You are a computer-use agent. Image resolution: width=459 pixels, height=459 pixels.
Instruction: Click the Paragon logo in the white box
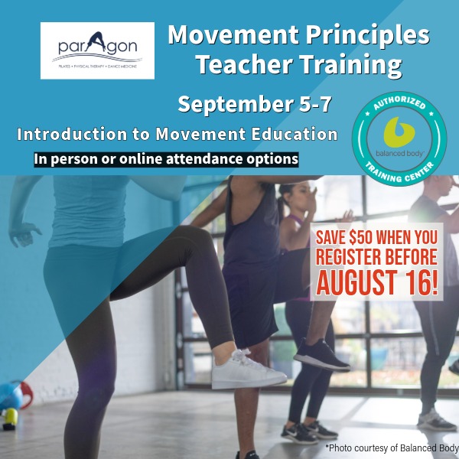[97, 50]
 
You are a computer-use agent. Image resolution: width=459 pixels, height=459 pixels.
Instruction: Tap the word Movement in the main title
[233, 35]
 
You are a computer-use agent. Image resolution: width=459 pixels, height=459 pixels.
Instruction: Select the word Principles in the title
[368, 36]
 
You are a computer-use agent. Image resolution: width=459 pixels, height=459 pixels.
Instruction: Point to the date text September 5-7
[255, 104]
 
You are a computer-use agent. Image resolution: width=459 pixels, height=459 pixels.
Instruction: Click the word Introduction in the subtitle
[72, 135]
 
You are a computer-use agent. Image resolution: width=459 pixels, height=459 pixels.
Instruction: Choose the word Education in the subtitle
[295, 135]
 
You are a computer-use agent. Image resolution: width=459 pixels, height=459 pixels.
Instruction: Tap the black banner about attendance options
[166, 160]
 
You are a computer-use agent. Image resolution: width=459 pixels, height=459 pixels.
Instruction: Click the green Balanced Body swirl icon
[399, 132]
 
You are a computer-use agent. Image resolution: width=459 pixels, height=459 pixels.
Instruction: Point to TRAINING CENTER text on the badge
[399, 173]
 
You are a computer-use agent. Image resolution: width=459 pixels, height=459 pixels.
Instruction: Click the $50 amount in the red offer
[360, 237]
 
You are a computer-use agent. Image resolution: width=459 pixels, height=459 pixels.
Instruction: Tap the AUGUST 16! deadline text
[377, 282]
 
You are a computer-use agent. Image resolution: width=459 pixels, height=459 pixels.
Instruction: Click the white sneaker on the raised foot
[247, 369]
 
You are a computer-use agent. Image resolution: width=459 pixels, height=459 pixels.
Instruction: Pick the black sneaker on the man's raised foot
[321, 355]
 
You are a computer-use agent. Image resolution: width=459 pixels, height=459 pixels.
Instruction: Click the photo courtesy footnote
[392, 448]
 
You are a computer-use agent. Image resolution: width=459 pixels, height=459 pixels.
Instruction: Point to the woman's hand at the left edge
[24, 233]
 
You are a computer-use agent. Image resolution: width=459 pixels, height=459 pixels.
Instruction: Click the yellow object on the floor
[10, 419]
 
